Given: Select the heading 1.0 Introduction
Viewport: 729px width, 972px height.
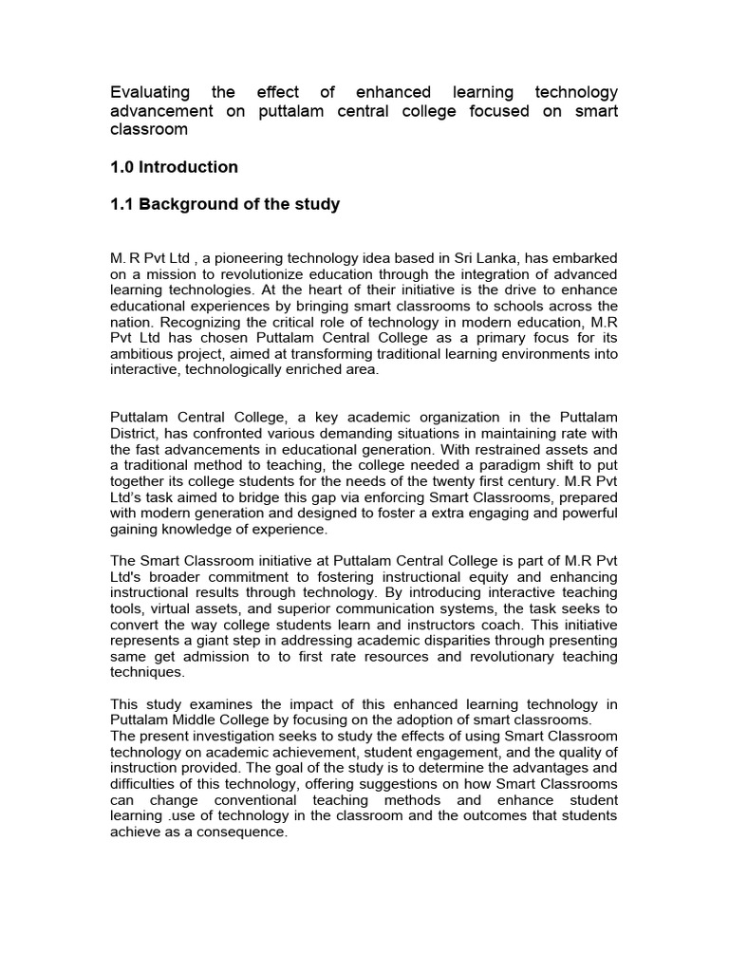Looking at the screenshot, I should [x=174, y=167].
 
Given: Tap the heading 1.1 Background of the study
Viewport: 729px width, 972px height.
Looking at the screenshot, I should [x=225, y=204].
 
